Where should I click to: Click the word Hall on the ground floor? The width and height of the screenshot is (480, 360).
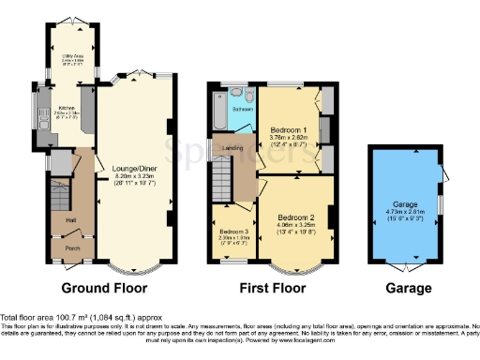(70, 220)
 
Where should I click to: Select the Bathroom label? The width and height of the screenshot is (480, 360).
(243, 110)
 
